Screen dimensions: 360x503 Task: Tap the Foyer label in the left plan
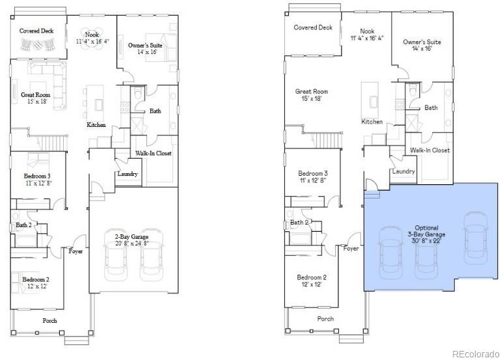pos(76,251)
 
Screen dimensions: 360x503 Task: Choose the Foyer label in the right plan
pos(351,249)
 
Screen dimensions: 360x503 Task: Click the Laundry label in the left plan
pos(127,174)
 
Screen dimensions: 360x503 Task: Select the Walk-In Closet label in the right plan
pos(429,150)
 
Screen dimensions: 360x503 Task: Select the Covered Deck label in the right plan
pos(313,28)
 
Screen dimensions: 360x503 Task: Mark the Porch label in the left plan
pos(50,320)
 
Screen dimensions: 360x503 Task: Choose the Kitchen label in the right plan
pos(372,122)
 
